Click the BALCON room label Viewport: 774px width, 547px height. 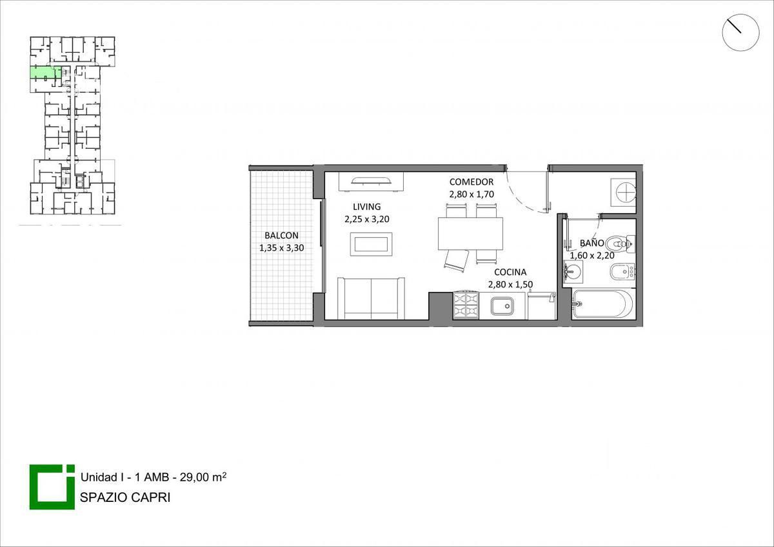(281, 235)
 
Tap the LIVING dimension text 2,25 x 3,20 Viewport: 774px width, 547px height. (367, 219)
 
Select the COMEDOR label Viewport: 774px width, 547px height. (471, 182)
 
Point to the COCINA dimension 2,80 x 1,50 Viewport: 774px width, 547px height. (510, 284)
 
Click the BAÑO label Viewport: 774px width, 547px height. (592, 243)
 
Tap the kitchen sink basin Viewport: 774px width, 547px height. (502, 306)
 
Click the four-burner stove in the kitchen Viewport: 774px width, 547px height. (466, 305)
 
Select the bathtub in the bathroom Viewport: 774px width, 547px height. (602, 304)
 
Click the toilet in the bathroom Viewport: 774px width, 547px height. (621, 244)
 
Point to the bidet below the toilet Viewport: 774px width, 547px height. (622, 272)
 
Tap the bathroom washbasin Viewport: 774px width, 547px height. (573, 272)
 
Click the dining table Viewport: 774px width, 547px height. (470, 233)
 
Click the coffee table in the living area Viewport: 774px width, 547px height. (371, 244)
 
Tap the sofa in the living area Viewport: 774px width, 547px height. (371, 298)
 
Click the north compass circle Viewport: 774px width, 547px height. (740, 32)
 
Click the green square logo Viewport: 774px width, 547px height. (52, 486)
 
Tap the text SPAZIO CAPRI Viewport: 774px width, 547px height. (125, 497)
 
